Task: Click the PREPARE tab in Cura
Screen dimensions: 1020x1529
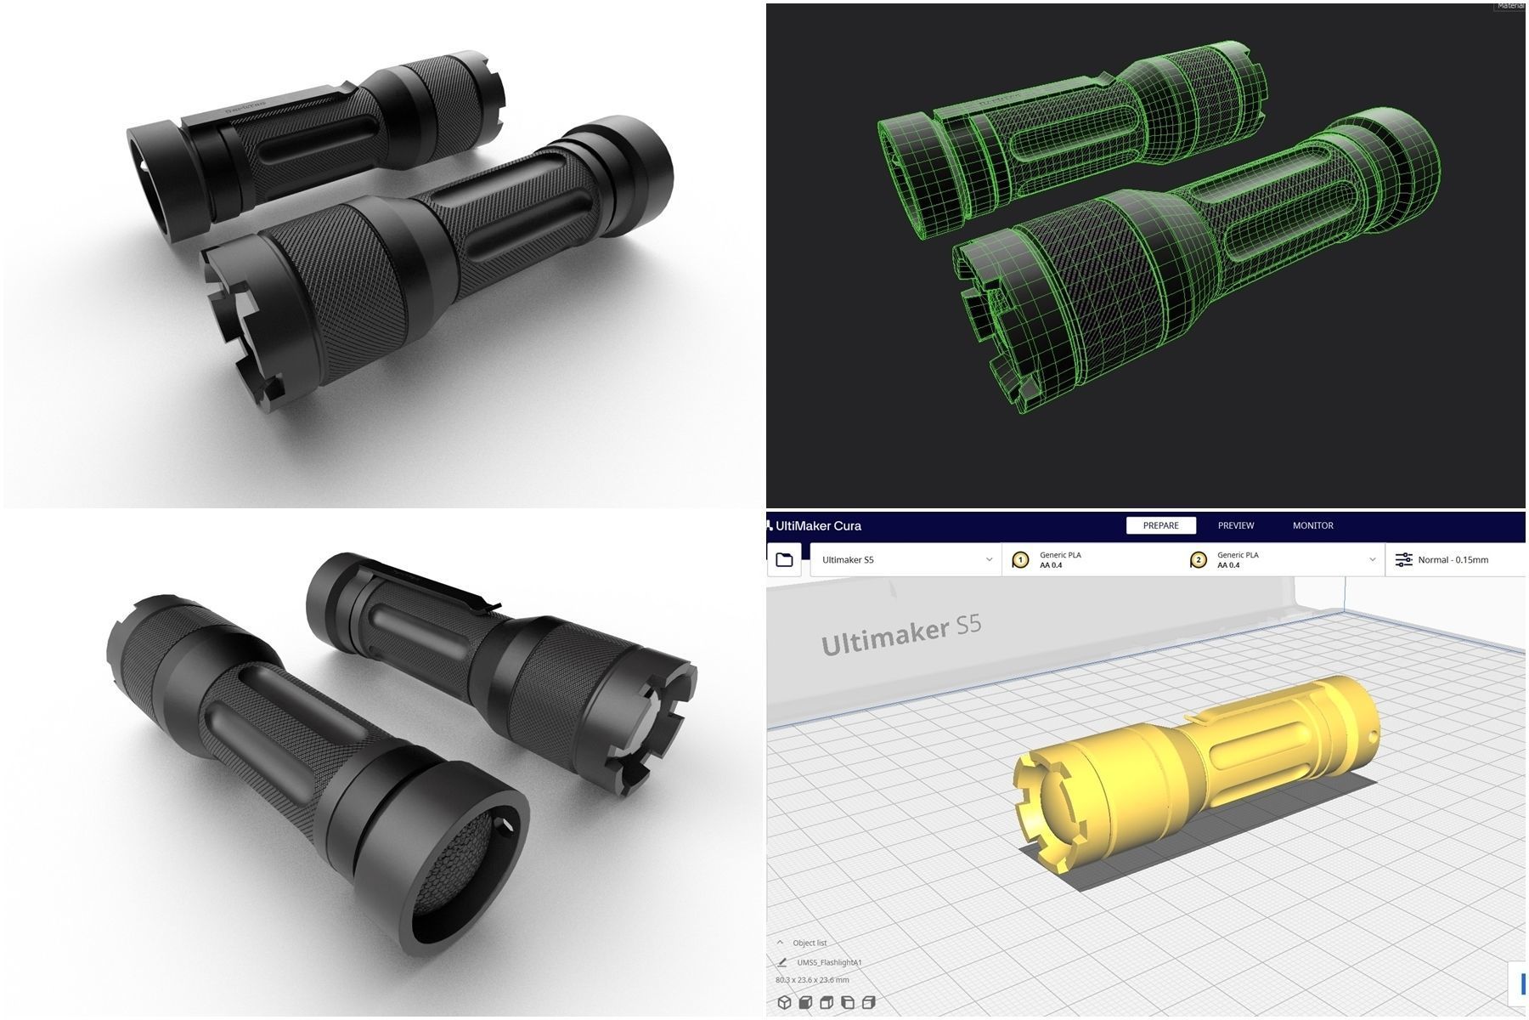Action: [x=1160, y=525]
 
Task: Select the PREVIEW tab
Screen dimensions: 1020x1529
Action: [x=1235, y=525]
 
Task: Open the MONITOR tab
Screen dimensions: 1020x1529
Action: [x=1312, y=525]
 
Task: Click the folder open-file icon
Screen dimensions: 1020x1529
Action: [x=784, y=559]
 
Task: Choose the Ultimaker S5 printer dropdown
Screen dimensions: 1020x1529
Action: [x=906, y=559]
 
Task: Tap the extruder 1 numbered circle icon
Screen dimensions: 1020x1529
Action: [x=1020, y=559]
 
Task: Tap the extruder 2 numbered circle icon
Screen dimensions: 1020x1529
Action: [x=1198, y=559]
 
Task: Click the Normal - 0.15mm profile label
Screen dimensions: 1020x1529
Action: [x=1453, y=559]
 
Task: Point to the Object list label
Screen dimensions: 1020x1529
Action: [x=810, y=943]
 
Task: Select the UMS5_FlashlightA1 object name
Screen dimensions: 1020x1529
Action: [x=829, y=962]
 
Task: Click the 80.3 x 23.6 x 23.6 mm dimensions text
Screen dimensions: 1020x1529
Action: [x=812, y=980]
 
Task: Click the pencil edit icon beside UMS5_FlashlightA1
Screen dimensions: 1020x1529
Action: [x=781, y=962]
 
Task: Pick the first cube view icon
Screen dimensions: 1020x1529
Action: [x=784, y=1003]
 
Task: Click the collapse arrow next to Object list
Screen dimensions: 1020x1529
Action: [x=780, y=943]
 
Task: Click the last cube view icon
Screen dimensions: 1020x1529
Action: [x=868, y=1003]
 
